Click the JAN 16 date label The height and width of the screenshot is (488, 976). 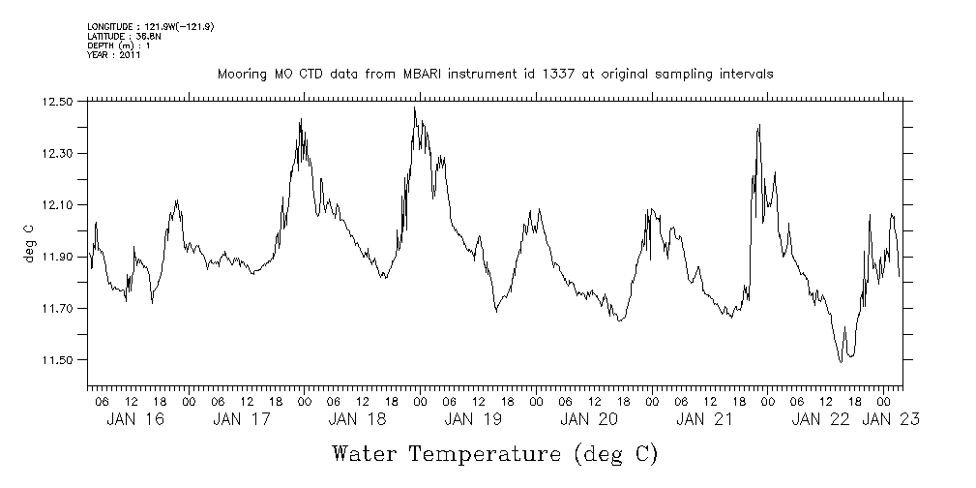[134, 419]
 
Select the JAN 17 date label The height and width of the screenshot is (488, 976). [241, 419]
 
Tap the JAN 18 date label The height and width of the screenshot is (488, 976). [357, 419]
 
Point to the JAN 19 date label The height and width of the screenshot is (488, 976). [473, 419]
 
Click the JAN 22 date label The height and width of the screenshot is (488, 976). [821, 419]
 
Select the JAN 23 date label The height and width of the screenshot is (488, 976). [890, 419]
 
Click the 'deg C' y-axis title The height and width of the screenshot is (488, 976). [30, 242]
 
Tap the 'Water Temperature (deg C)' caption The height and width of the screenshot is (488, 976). [494, 453]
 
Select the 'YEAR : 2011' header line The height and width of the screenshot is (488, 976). [114, 55]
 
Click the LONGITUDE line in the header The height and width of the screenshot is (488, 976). [150, 26]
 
